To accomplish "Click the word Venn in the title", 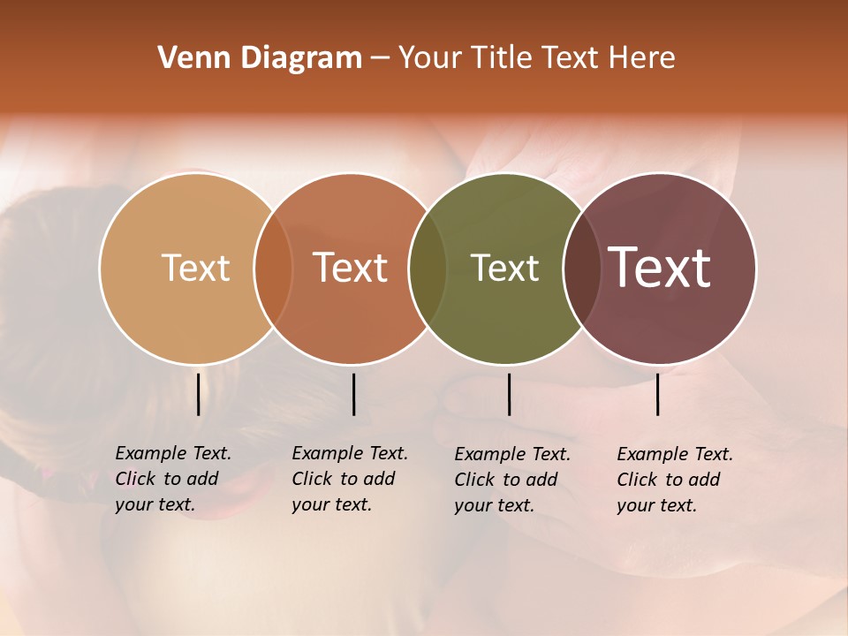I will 186,58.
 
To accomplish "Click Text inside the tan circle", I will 195,268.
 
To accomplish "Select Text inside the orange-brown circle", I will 351,268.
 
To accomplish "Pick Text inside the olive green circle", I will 504,268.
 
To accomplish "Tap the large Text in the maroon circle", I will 660,268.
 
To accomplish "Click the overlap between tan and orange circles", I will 273,268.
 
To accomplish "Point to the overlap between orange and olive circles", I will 428,268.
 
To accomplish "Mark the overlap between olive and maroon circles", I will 582,268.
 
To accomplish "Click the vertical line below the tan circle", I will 198,394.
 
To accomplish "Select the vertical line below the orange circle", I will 353,394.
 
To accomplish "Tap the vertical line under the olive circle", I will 509,394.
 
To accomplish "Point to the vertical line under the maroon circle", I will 658,394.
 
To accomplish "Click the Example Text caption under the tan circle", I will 173,479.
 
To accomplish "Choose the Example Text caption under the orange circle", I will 350,479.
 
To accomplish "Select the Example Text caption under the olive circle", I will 512,480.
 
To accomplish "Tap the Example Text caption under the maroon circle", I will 675,480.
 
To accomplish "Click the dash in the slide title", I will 380,59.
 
